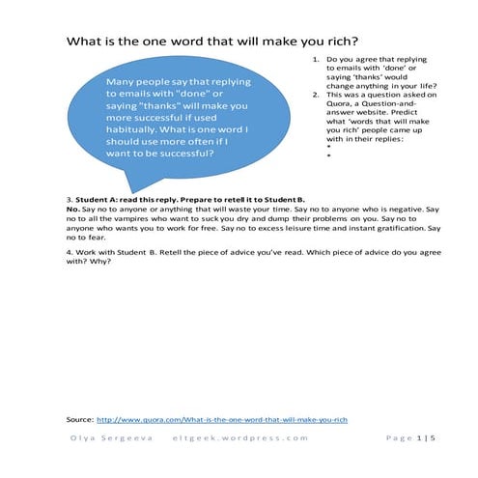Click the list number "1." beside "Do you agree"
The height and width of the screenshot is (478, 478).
tap(316, 60)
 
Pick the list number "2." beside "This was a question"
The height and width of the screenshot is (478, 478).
tap(316, 97)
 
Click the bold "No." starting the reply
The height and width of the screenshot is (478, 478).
tap(73, 209)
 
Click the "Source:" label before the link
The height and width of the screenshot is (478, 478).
tap(80, 421)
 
